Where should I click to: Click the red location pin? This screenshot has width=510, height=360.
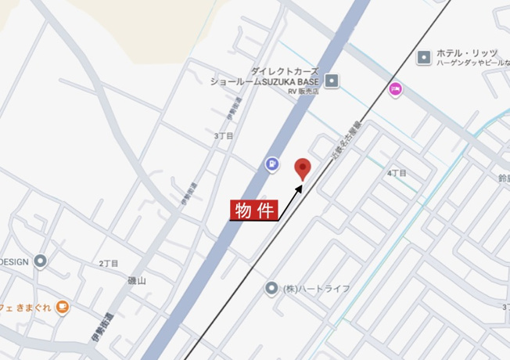tap(303, 168)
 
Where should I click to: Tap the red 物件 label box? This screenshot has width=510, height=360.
tap(253, 210)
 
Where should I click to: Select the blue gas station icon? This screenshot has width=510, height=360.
tap(271, 164)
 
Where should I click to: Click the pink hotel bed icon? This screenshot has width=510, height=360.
tap(396, 89)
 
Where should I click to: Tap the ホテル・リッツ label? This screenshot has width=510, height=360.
tap(467, 52)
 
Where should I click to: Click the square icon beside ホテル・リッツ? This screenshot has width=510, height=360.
tap(424, 57)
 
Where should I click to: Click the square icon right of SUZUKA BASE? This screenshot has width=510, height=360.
tap(332, 80)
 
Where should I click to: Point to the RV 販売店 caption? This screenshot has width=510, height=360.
tap(303, 92)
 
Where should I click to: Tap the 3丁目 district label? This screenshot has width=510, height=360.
tap(224, 135)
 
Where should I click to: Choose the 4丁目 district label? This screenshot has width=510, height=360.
tap(397, 172)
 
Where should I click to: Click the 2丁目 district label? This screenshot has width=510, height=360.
tap(109, 264)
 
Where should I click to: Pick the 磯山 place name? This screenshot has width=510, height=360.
tap(137, 280)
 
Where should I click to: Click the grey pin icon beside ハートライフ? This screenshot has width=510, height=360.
tap(271, 289)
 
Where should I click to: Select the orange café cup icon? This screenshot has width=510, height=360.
tap(62, 307)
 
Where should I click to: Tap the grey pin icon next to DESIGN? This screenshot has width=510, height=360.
tap(40, 261)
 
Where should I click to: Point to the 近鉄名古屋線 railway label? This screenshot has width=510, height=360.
tap(345, 141)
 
